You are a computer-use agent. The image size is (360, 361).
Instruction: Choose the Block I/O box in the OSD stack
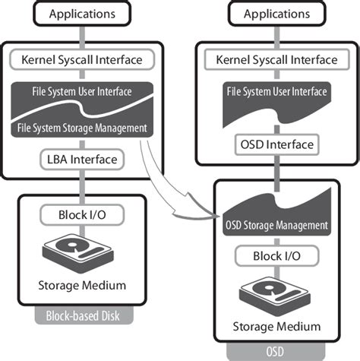click(276, 257)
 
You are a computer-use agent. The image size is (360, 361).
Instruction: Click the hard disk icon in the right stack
click(276, 293)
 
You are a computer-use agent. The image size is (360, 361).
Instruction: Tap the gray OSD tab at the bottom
click(276, 351)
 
